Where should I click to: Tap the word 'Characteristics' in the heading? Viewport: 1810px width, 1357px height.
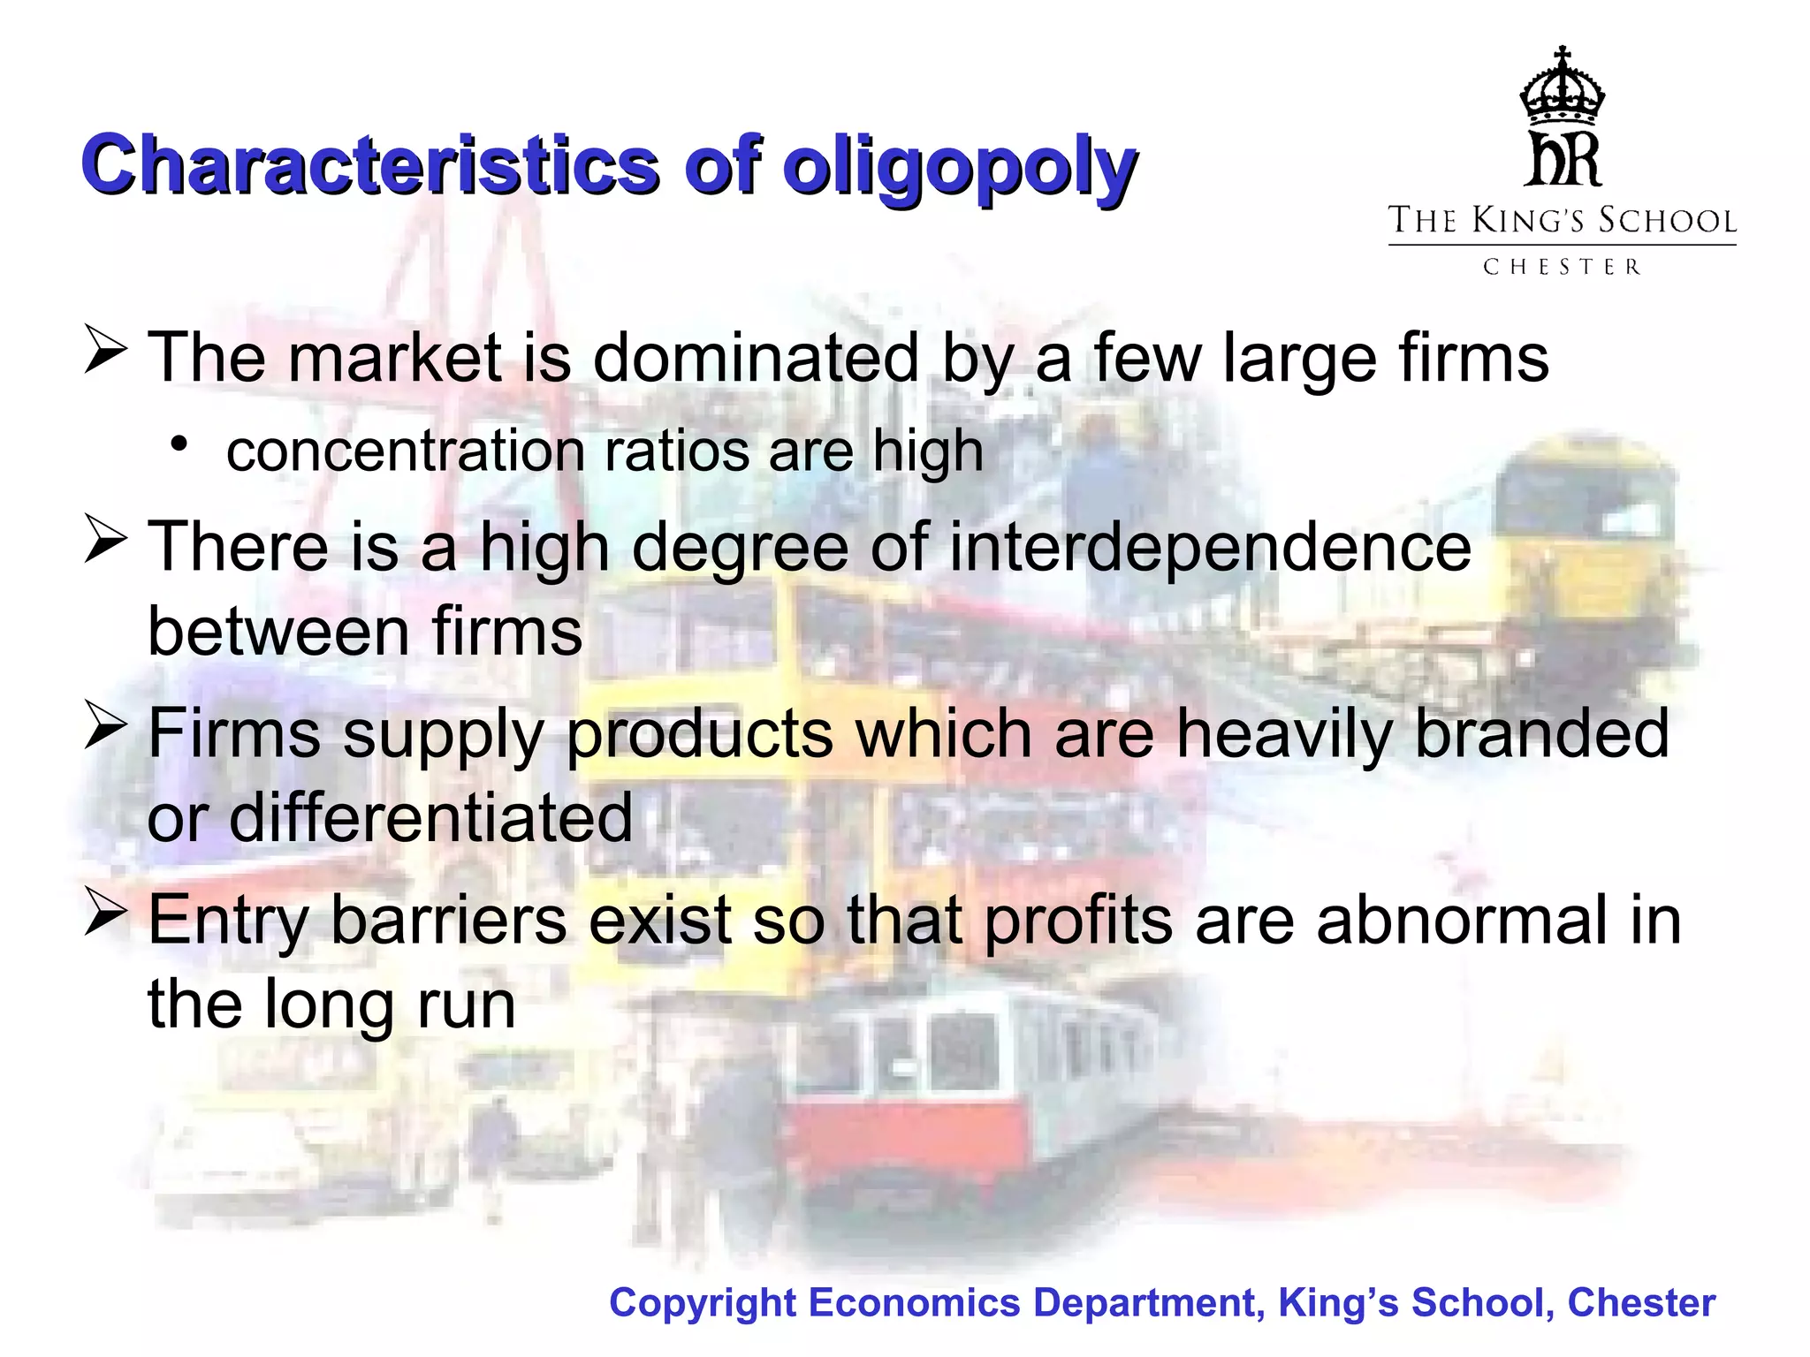pyautogui.click(x=370, y=165)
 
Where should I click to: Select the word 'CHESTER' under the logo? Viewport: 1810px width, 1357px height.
pyautogui.click(x=1562, y=267)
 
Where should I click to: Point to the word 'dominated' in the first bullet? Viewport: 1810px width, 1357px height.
pyautogui.click(x=756, y=358)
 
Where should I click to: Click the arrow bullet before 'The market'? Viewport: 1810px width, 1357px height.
pyautogui.click(x=105, y=351)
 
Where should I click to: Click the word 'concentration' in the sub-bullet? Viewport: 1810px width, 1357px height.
pyautogui.click(x=407, y=451)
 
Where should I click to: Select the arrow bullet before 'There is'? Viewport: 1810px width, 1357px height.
pyautogui.click(x=105, y=540)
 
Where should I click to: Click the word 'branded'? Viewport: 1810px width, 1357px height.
pyautogui.click(x=1541, y=733)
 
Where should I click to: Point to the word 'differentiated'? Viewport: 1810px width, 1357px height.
pyautogui.click(x=430, y=818)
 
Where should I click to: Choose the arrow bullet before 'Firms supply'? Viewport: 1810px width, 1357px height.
pyautogui.click(x=105, y=726)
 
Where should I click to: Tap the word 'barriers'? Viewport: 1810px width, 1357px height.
pyautogui.click(x=448, y=921)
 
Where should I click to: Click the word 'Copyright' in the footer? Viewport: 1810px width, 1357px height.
pyautogui.click(x=703, y=1303)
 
